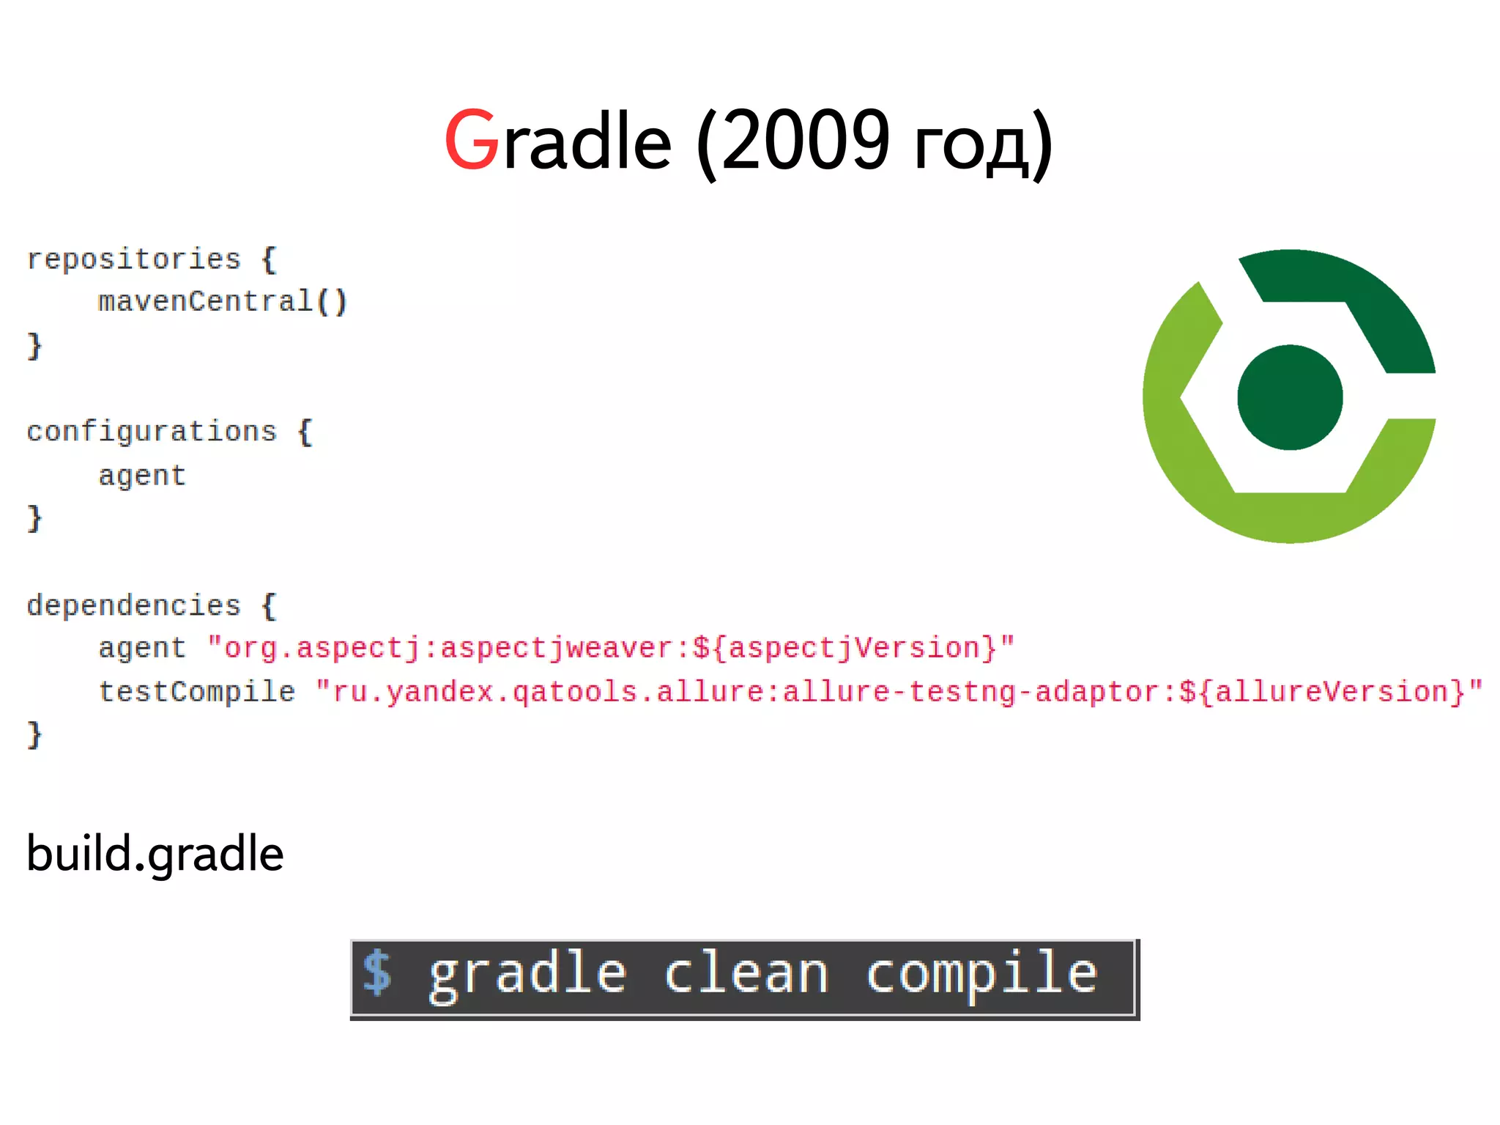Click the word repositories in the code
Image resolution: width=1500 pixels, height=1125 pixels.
(x=133, y=259)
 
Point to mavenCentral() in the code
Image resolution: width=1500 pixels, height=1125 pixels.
(x=222, y=302)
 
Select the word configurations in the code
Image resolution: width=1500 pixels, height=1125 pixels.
(x=152, y=432)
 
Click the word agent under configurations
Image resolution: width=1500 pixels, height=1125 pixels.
(x=142, y=476)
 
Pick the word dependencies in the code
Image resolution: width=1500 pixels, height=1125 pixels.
(x=133, y=606)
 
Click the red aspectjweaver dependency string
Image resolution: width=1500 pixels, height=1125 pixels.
(x=611, y=649)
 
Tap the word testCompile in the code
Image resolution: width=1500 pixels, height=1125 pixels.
(x=196, y=692)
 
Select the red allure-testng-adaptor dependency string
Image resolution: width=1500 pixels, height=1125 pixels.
(x=899, y=692)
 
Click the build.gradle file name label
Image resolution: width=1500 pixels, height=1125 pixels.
(x=155, y=854)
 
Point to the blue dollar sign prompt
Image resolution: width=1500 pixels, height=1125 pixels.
(x=378, y=973)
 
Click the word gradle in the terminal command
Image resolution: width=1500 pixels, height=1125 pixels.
(x=527, y=975)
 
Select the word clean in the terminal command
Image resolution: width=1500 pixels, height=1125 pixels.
(x=746, y=974)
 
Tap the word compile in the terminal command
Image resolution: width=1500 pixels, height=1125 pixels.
(x=981, y=975)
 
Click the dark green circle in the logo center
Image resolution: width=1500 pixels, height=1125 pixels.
(x=1290, y=397)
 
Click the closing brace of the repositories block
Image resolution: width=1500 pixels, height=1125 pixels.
(x=34, y=345)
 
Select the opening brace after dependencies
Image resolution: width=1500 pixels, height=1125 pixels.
(x=269, y=606)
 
